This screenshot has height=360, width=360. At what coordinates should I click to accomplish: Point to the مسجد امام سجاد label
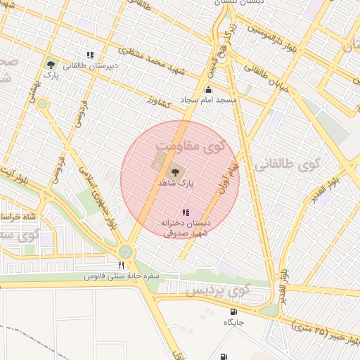coord(208,101)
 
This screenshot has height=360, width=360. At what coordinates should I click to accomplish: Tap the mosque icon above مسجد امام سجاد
coord(208,90)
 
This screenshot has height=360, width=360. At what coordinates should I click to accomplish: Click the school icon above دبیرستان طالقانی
coord(90,54)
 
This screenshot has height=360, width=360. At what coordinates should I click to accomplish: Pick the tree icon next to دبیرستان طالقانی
coord(49,64)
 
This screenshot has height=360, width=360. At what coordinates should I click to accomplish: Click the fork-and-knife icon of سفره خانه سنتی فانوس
coord(121,265)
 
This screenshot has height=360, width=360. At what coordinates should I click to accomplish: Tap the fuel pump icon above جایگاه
coord(233,311)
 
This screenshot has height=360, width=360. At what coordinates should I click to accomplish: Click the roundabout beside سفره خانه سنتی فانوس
coord(125,251)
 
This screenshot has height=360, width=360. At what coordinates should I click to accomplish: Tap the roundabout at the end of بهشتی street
coord(42,104)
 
